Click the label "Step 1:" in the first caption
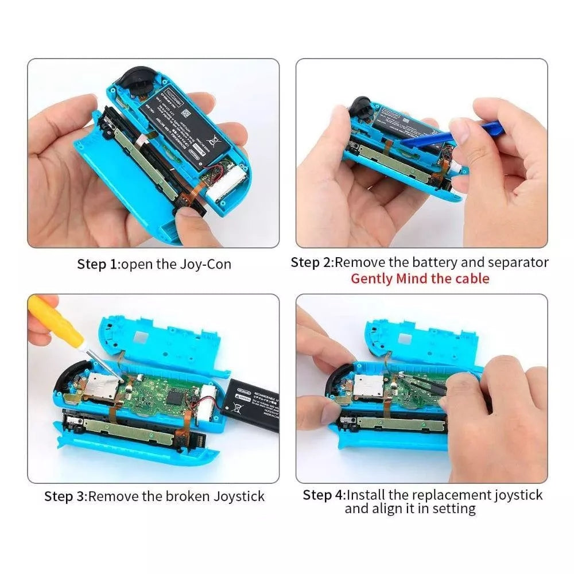pyautogui.click(x=99, y=265)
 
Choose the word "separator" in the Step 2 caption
pyautogui.click(x=518, y=263)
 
